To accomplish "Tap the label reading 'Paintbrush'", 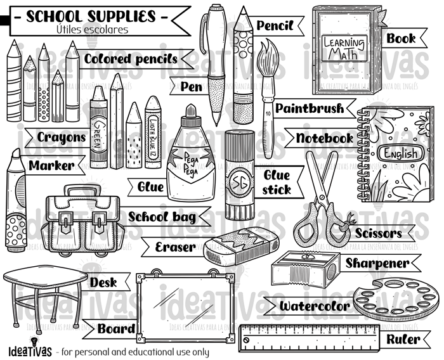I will pyautogui.click(x=309, y=108).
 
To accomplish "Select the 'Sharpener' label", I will pyautogui.click(x=377, y=262).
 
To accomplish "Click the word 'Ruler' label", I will pyautogui.click(x=402, y=339).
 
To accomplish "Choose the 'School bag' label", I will pyautogui.click(x=162, y=216).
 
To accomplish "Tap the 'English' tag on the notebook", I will pyautogui.click(x=399, y=153).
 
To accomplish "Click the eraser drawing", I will pyautogui.click(x=242, y=245).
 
